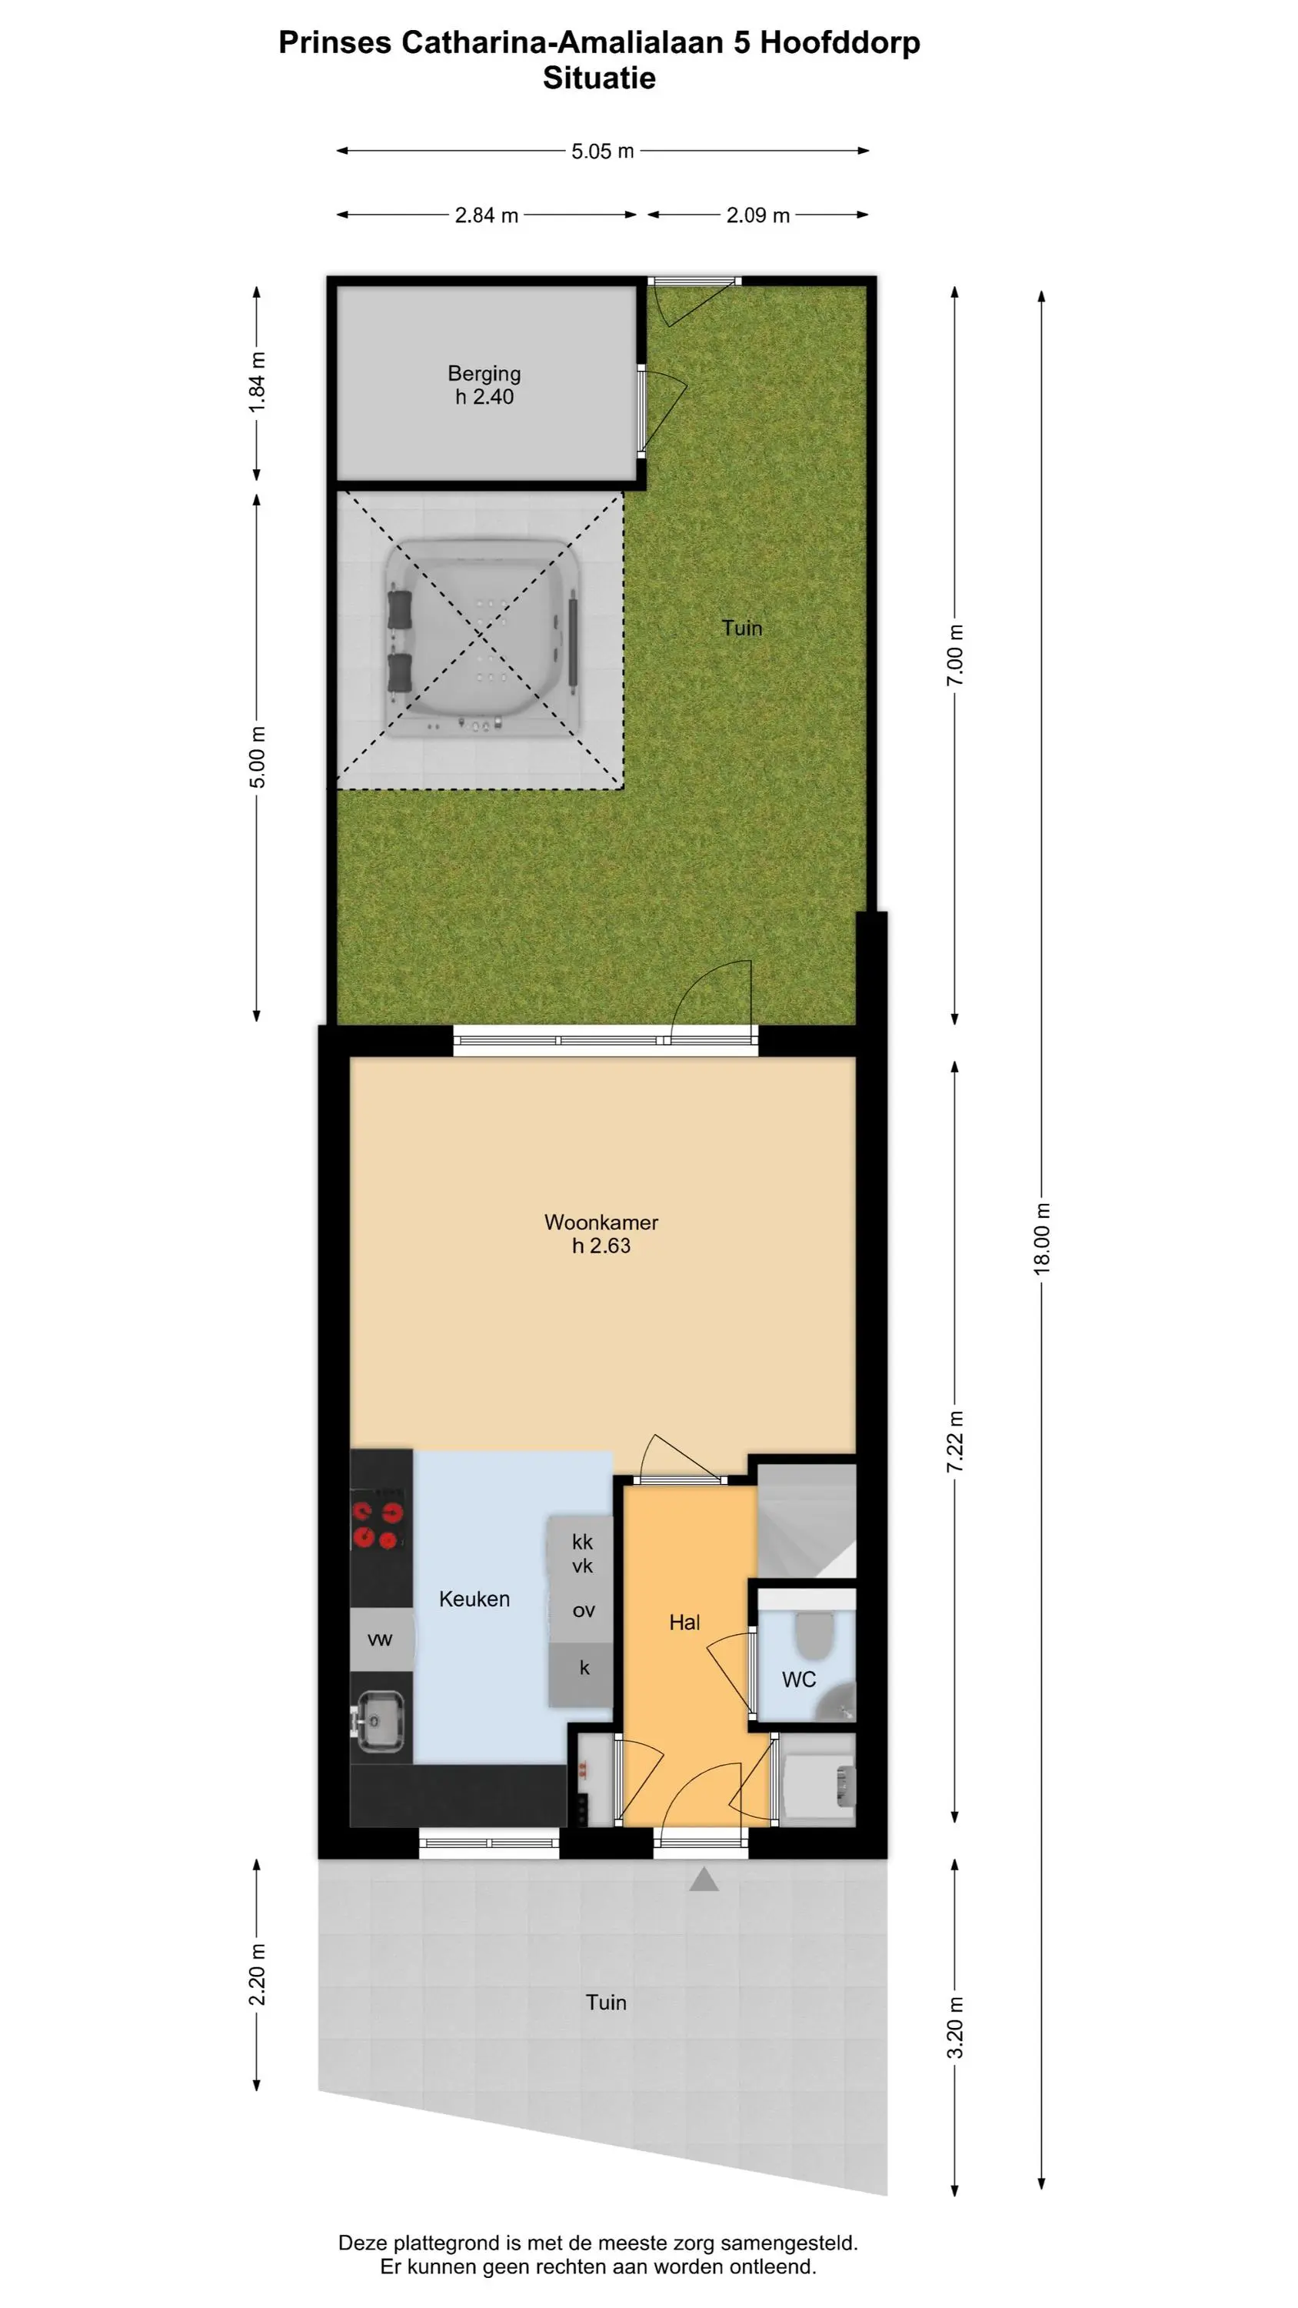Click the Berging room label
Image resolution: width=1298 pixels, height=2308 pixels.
click(484, 374)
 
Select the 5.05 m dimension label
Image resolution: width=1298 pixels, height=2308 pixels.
click(603, 152)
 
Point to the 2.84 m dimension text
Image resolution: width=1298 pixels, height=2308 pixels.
click(487, 215)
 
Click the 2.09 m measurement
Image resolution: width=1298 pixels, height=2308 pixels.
click(758, 215)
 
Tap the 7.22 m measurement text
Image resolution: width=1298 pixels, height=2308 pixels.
click(956, 1441)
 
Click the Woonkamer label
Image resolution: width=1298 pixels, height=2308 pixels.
click(601, 1222)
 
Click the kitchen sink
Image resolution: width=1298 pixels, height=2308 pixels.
click(381, 1720)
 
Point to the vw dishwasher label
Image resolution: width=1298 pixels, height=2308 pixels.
click(380, 1639)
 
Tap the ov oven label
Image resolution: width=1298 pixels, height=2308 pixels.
click(583, 1610)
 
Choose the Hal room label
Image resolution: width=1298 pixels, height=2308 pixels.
click(684, 1622)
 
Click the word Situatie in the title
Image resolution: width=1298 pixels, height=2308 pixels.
click(598, 78)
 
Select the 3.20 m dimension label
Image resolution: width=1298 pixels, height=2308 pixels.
click(956, 2026)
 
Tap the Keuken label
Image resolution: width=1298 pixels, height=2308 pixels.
click(474, 1599)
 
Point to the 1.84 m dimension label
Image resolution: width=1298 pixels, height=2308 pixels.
click(257, 382)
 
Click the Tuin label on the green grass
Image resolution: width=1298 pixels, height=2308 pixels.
click(742, 628)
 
